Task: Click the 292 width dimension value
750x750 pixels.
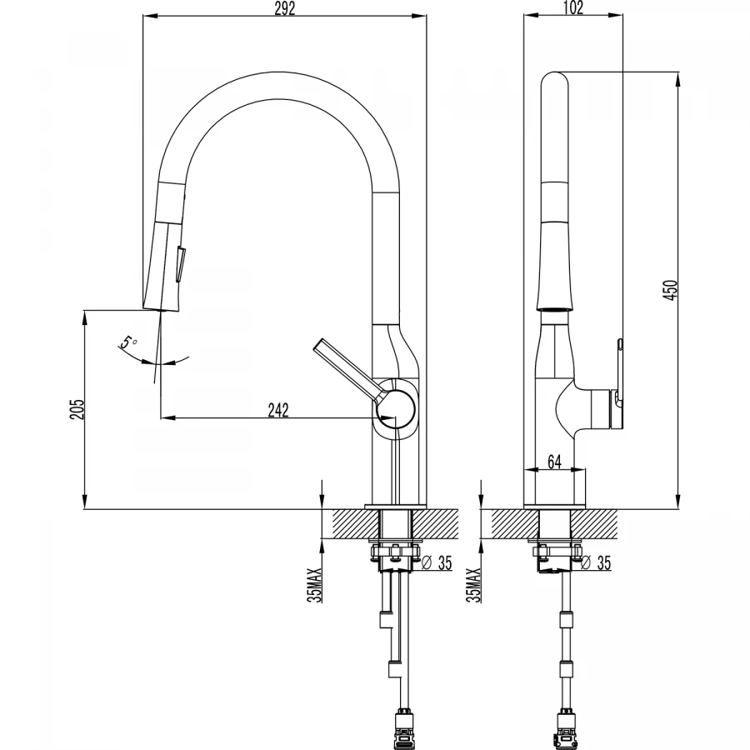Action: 285,8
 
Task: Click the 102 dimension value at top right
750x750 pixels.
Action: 573,7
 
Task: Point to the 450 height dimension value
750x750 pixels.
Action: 671,290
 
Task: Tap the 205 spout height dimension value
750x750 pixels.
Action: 77,409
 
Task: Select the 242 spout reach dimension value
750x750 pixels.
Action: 278,410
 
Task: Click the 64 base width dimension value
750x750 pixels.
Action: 554,462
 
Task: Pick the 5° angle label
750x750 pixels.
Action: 128,342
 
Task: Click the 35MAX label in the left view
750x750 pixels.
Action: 315,584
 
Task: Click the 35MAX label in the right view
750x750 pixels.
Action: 473,584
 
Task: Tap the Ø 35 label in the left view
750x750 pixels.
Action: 436,563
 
